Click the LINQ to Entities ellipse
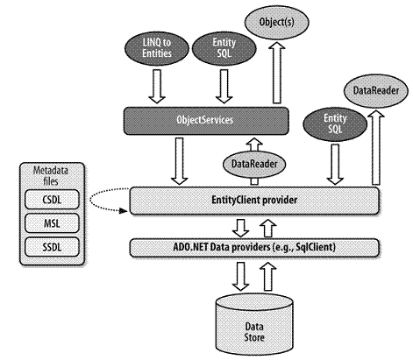(x=157, y=48)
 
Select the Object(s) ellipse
(x=276, y=23)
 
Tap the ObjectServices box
(x=206, y=121)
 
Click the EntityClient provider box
(x=254, y=201)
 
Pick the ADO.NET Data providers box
(x=254, y=248)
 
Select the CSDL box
(x=52, y=200)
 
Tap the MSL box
(x=52, y=223)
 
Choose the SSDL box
(x=52, y=247)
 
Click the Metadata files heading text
(x=51, y=176)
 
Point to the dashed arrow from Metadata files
(x=90, y=201)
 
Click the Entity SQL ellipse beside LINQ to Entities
(x=224, y=48)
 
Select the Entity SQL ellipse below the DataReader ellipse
(x=335, y=124)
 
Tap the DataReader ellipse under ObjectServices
(x=254, y=164)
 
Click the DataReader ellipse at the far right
(x=376, y=91)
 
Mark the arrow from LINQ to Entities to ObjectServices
(x=157, y=87)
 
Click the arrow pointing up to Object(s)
(x=276, y=73)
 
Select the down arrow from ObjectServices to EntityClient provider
(x=179, y=161)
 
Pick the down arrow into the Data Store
(x=240, y=276)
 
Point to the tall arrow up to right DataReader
(x=376, y=147)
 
